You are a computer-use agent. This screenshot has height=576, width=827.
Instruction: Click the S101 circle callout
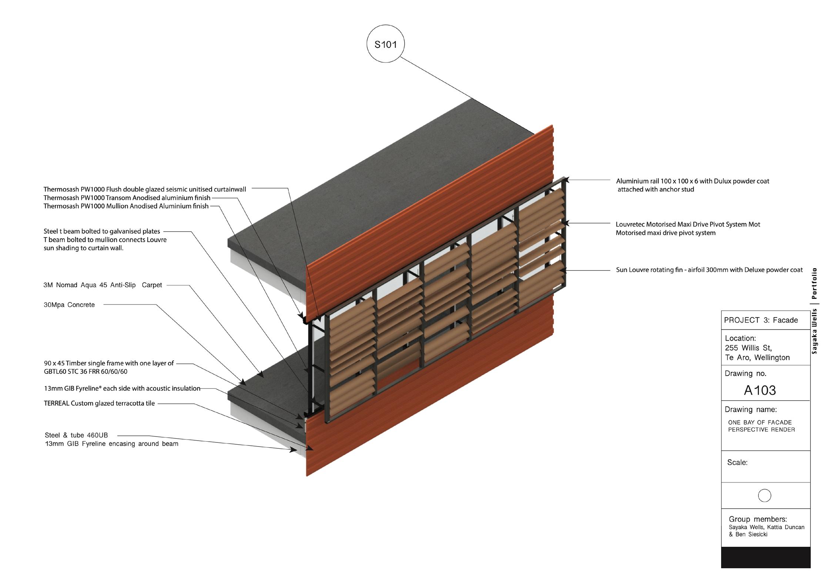tap(385, 44)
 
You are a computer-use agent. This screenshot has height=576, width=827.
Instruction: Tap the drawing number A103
tap(760, 390)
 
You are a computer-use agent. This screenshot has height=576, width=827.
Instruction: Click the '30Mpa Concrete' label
tap(69, 305)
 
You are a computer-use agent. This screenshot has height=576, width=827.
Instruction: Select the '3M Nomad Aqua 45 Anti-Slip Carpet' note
tap(103, 285)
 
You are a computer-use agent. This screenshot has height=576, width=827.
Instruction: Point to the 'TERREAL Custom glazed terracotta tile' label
tap(99, 403)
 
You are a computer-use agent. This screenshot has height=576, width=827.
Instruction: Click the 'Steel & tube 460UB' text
tap(76, 435)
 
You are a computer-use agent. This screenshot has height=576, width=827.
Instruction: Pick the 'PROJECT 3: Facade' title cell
tap(761, 320)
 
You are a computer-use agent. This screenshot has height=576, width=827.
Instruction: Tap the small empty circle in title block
tap(764, 495)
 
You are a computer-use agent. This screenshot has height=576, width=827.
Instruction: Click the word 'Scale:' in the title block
tap(737, 462)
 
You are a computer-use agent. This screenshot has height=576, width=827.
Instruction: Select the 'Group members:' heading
tap(758, 519)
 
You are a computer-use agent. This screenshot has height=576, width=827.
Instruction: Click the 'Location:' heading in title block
tap(740, 338)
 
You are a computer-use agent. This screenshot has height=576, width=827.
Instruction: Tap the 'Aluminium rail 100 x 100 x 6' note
tap(692, 181)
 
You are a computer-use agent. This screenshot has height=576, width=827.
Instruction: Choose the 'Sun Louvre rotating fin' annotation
tap(709, 270)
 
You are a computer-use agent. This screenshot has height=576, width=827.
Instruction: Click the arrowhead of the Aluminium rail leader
tap(567, 180)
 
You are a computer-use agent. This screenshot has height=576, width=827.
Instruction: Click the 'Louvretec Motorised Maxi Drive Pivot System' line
tap(688, 224)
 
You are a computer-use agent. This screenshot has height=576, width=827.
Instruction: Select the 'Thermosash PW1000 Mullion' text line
tap(126, 206)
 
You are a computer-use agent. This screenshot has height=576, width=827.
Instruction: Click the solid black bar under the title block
tap(766, 557)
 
